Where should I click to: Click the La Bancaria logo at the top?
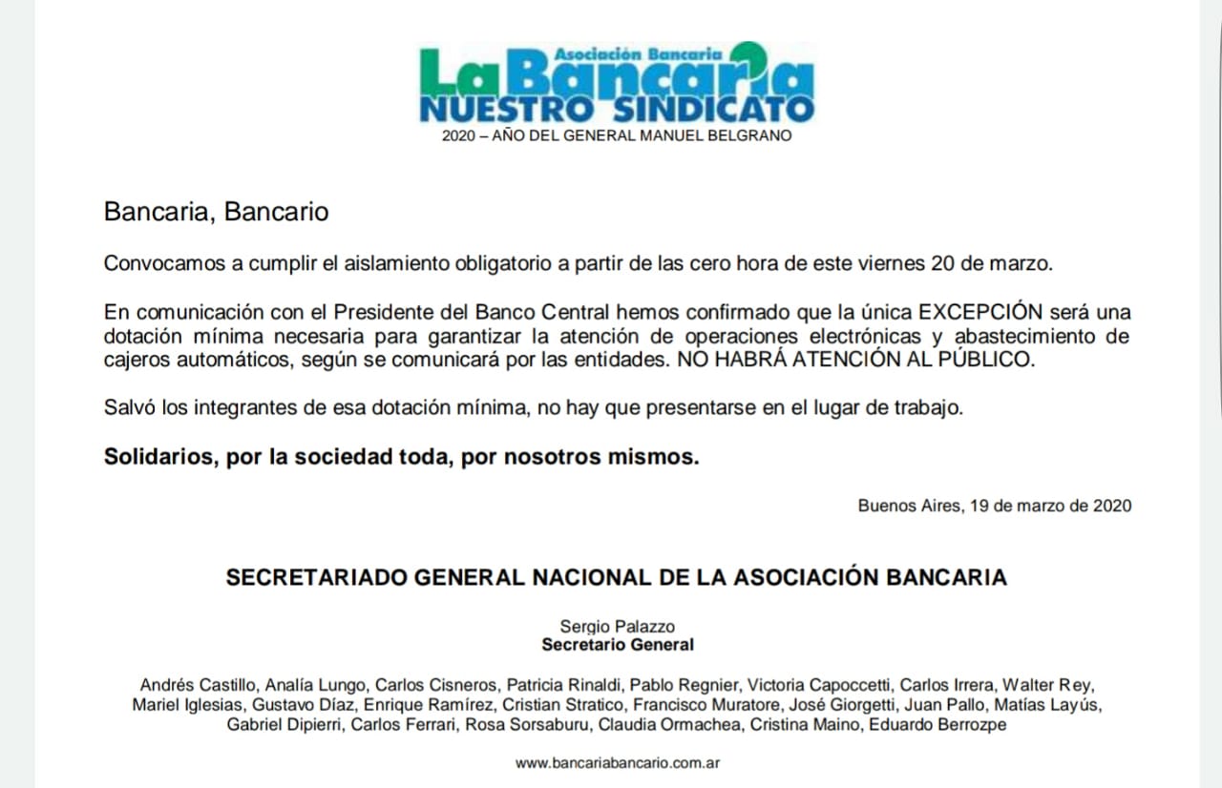click(617, 83)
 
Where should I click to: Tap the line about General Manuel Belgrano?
click(617, 136)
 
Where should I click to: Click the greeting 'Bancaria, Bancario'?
click(216, 212)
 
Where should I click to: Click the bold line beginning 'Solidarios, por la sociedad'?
click(401, 457)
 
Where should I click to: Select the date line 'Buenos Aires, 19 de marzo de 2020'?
click(994, 507)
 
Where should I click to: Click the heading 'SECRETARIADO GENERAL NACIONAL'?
click(617, 577)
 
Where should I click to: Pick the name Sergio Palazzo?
click(617, 627)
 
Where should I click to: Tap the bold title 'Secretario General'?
click(617, 645)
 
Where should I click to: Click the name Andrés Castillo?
click(198, 685)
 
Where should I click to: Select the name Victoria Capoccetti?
click(820, 685)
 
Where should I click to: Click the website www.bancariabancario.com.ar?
click(617, 763)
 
